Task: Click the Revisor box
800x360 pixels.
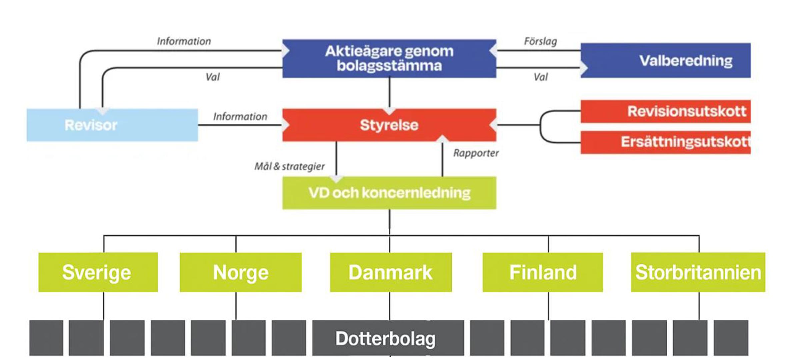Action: (112, 125)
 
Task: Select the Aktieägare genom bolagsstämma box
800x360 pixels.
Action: (389, 59)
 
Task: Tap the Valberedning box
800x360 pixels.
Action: (665, 61)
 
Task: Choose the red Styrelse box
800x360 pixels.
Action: (389, 125)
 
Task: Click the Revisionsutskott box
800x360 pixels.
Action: (665, 111)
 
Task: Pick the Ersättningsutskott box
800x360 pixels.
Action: (665, 142)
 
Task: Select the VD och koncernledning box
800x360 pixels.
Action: (389, 193)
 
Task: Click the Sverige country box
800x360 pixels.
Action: (98, 272)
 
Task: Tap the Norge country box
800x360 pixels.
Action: (240, 272)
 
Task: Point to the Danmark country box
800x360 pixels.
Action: (391, 272)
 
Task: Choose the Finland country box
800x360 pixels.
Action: (542, 272)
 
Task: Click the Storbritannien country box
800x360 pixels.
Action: (698, 272)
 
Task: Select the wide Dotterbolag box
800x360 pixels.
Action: (388, 338)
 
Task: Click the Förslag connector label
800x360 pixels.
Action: (540, 41)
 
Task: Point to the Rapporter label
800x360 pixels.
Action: (476, 153)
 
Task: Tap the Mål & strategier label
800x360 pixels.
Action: (289, 166)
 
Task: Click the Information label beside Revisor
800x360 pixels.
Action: (240, 116)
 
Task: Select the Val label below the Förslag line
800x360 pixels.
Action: (540, 77)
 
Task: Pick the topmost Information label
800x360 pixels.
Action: (184, 41)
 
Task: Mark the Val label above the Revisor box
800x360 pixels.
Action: (213, 77)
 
